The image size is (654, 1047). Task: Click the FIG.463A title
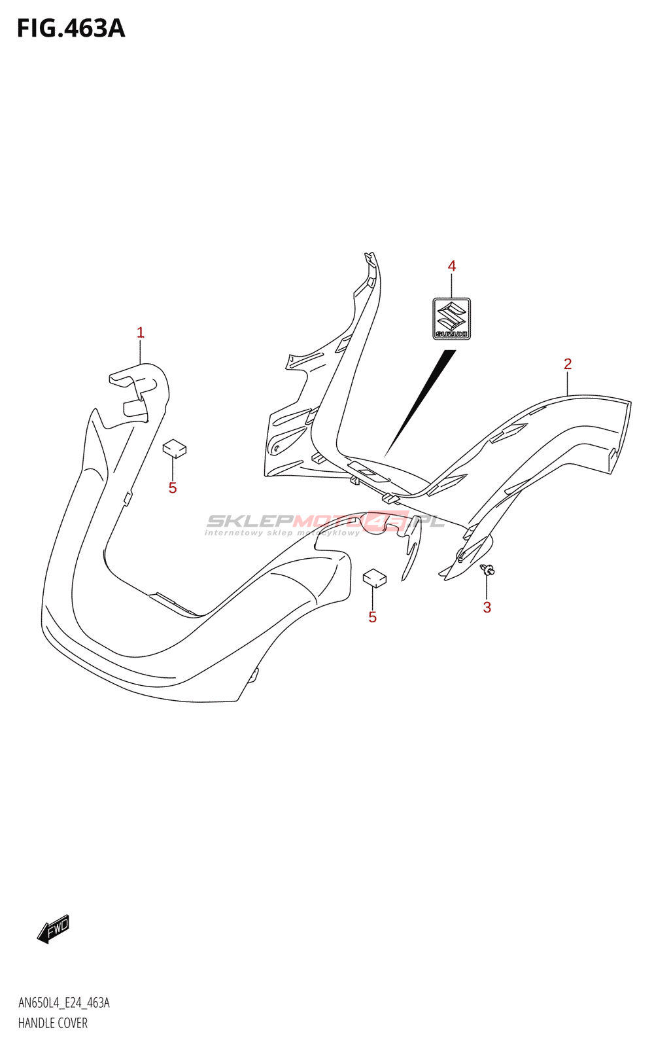tap(71, 29)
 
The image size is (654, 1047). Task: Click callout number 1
tap(140, 333)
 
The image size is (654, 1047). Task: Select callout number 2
tap(568, 364)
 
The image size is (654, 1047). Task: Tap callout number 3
tap(487, 607)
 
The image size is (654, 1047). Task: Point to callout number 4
tap(451, 266)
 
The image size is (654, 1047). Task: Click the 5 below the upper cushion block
tap(173, 488)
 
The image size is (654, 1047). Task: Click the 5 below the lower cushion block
tap(372, 617)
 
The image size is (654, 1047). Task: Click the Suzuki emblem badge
tap(451, 319)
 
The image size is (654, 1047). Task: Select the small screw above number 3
tap(487, 569)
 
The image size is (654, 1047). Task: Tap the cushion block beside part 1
tap(175, 448)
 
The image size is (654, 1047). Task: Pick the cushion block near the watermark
tap(375, 577)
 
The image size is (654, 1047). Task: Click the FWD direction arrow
tap(53, 929)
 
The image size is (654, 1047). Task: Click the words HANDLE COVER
tap(52, 1023)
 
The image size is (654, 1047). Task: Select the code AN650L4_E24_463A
tap(63, 1003)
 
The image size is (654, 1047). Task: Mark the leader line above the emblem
tap(451, 285)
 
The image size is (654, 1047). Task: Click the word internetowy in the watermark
tap(233, 533)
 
